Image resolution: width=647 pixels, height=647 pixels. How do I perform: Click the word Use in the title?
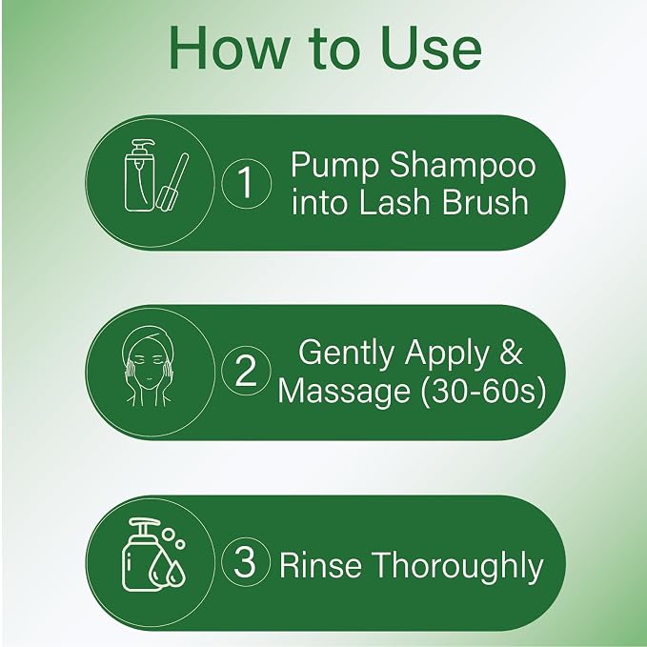pos(431,49)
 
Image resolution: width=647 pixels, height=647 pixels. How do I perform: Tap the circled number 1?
pos(247,183)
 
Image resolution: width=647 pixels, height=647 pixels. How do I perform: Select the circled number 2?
pos(246,370)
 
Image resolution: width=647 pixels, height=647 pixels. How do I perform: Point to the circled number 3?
pos(246,561)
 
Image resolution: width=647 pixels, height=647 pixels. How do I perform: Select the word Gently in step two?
pos(346,354)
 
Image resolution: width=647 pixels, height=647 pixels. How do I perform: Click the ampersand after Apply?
pos(512,352)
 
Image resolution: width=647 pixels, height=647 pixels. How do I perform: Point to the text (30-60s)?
pos(483,391)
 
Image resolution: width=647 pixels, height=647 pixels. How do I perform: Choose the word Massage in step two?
pos(344,392)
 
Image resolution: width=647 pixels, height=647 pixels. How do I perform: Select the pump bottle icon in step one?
pos(140,175)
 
